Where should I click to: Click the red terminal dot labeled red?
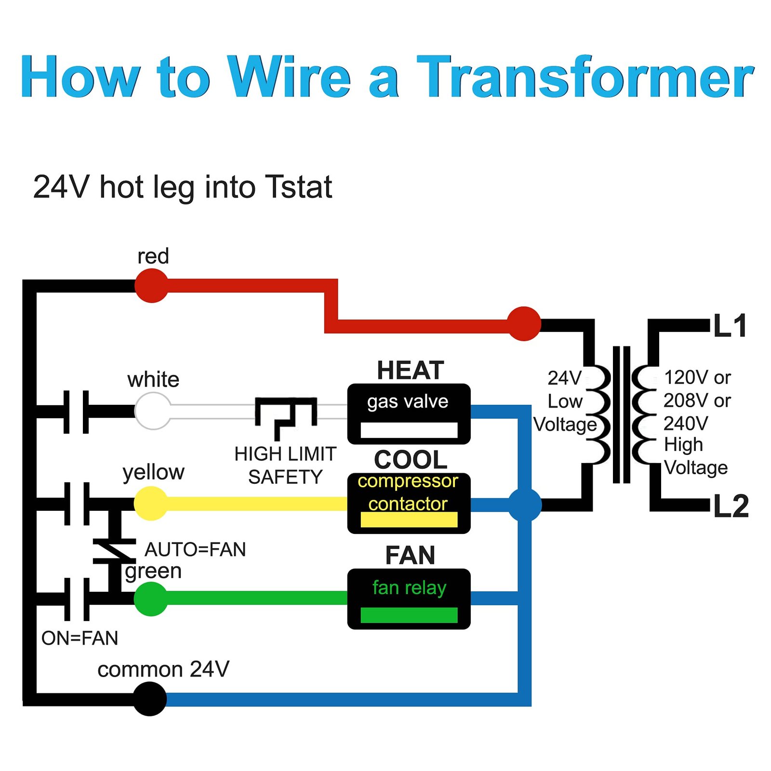coord(152,285)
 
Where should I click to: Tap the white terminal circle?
coord(153,411)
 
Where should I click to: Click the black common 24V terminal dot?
coord(150,698)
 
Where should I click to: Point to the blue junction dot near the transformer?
coord(525,505)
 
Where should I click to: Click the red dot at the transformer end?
coord(524,324)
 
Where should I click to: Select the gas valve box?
coord(409,413)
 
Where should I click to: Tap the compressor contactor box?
coord(409,503)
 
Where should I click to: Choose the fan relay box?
coord(409,598)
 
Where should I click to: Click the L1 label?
coord(730,326)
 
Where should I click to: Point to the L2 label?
coord(731,506)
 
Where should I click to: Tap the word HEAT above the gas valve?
coord(410,370)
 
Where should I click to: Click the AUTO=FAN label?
coord(195,549)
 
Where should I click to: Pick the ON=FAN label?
coord(80,638)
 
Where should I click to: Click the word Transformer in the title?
coord(585,77)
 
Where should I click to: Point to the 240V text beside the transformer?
coord(686,423)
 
